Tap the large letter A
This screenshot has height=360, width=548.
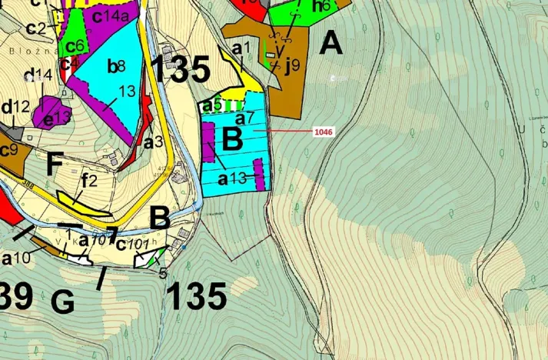pyautogui.click(x=330, y=43)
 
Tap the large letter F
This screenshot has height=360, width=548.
pyautogui.click(x=55, y=164)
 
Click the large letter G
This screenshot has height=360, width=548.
pyautogui.click(x=63, y=302)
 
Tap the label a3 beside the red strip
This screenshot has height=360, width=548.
pyautogui.click(x=153, y=142)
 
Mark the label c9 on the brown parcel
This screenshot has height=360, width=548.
pyautogui.click(x=8, y=149)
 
